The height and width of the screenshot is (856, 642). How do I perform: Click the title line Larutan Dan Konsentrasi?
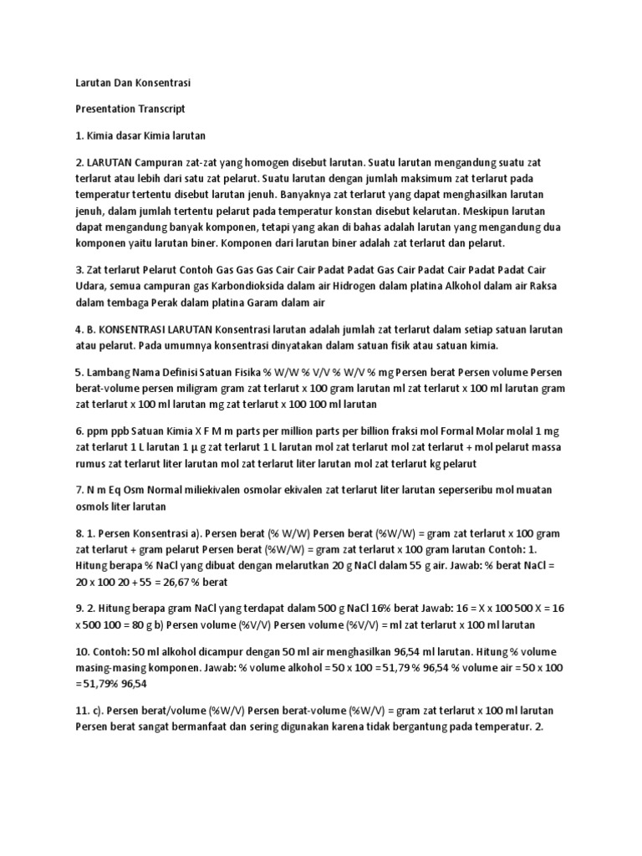point(133,84)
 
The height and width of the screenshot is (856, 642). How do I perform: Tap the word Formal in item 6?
point(477,431)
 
